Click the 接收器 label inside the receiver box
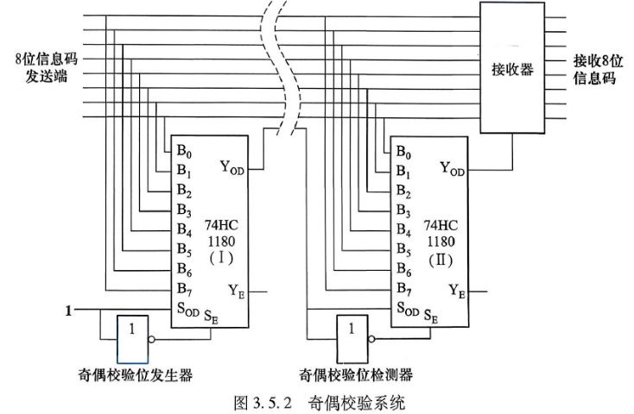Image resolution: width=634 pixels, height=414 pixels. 513,70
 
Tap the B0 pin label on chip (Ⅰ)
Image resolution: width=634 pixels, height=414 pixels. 184,152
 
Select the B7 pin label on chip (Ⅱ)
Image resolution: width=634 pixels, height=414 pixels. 403,289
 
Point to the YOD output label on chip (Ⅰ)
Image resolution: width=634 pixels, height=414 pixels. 232,167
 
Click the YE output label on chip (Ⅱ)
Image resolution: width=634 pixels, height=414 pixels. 457,291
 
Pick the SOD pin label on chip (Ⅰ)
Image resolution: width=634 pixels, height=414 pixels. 188,310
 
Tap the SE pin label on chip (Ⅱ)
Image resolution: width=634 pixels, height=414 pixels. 431,316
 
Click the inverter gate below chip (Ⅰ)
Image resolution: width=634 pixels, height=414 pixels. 133,339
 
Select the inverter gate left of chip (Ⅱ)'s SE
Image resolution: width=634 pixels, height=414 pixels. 352,339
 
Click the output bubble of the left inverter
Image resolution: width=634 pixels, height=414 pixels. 152,340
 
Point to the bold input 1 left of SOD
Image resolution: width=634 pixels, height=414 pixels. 69,310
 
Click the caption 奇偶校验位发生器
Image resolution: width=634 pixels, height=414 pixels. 135,375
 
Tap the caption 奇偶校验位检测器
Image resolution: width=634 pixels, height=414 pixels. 356,375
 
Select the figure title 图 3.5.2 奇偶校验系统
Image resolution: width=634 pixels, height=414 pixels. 320,403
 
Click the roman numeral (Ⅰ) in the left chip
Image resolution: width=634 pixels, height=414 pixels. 221,258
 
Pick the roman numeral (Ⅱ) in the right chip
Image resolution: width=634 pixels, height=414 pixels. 441,260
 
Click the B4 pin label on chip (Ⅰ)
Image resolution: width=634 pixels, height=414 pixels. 184,229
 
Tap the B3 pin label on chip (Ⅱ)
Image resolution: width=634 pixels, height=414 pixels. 403,210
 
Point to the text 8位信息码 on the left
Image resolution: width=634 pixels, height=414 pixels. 46,60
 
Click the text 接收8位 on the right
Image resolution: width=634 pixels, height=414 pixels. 598,60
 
